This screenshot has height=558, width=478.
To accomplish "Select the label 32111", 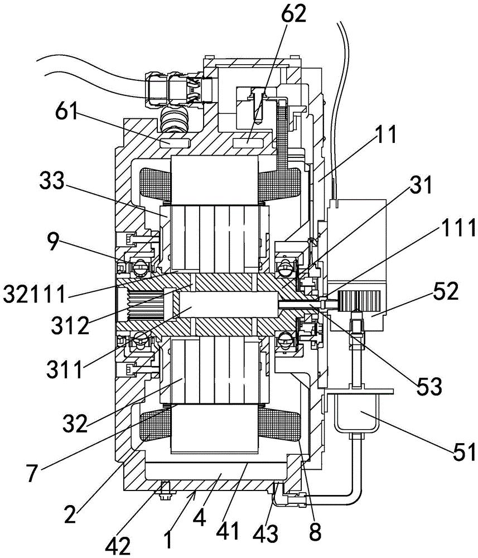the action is pos(34,294).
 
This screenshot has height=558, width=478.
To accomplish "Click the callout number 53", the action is pos(429,386).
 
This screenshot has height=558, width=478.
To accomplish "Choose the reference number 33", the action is pos(52,181).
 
